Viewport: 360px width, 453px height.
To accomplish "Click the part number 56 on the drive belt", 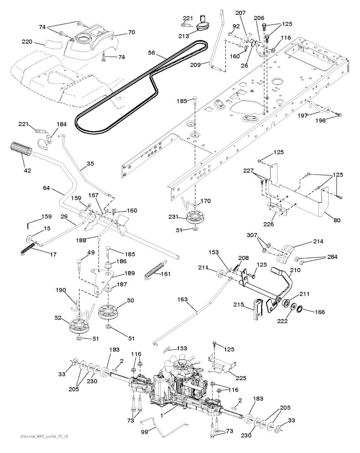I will pos(151,52).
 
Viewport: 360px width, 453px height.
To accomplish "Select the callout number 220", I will pos(27,42).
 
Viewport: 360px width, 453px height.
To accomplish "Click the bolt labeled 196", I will pos(340,115).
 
